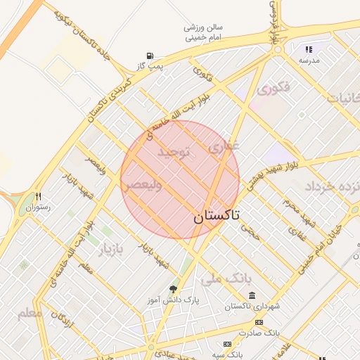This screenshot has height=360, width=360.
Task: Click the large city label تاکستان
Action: coord(216,216)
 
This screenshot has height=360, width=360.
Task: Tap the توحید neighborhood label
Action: coord(174,153)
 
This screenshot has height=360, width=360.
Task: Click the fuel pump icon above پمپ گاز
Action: coord(150,56)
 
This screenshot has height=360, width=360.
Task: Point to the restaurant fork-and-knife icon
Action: coord(39,197)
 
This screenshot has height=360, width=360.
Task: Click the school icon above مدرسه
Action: coord(308,49)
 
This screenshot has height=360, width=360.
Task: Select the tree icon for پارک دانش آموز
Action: coord(174,289)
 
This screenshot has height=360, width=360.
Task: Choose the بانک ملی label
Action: coord(226,278)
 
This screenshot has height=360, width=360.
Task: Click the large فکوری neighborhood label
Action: coord(274,89)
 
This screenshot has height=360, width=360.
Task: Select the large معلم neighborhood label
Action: coord(30,312)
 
